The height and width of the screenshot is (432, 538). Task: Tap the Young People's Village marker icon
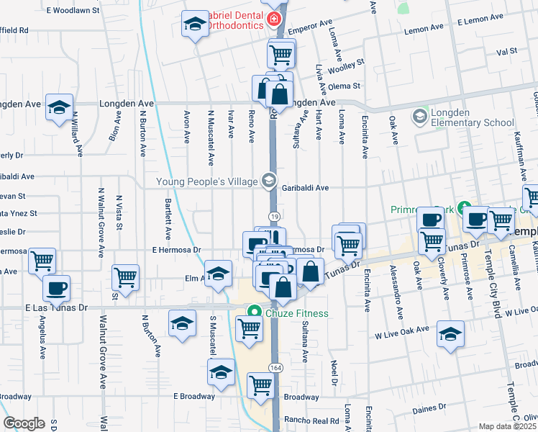tap(269, 180)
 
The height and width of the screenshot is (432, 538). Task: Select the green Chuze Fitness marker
tap(253, 313)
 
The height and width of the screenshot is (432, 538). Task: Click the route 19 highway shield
tap(274, 216)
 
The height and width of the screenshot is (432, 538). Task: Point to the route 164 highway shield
tap(275, 368)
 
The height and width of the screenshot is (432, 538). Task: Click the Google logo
tap(24, 423)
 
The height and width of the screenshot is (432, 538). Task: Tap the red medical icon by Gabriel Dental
tap(273, 20)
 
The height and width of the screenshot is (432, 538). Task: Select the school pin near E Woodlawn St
tap(195, 25)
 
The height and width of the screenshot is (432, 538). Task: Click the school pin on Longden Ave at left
tap(59, 109)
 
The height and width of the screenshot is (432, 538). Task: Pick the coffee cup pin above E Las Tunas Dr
tap(57, 289)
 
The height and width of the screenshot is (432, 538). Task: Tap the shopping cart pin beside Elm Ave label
tap(126, 277)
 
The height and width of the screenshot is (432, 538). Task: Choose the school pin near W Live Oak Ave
tap(450, 335)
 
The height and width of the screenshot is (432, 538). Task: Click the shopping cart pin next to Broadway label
tap(260, 386)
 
